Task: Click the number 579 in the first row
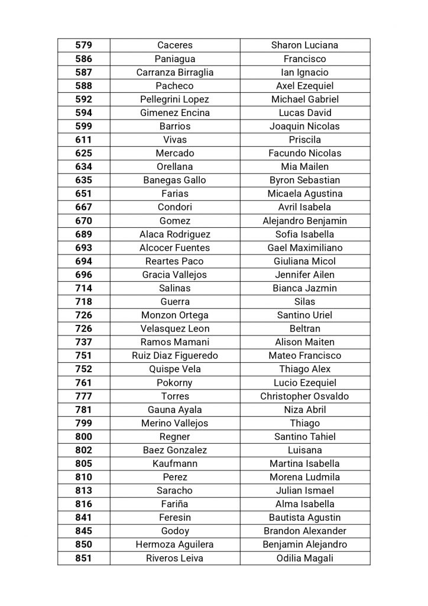point(84,45)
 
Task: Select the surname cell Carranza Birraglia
point(175,72)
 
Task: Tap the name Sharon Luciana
point(304,45)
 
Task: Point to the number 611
point(84,140)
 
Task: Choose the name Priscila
point(304,140)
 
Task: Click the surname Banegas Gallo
point(175,180)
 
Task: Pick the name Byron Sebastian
point(304,180)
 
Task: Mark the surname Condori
point(175,207)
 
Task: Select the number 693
point(84,247)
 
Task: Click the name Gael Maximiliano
point(304,247)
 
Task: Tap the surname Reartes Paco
point(175,261)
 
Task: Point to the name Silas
point(304,301)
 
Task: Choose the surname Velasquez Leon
point(175,328)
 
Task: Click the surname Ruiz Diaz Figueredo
point(175,356)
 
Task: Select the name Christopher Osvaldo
point(304,396)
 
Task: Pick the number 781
point(84,410)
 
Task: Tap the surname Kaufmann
point(175,463)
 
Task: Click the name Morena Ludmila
point(304,477)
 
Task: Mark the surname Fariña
point(175,504)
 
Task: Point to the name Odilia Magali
point(304,558)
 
